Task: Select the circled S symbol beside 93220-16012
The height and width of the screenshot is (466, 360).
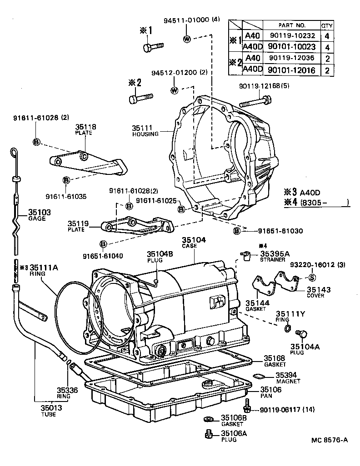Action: [x=312, y=278]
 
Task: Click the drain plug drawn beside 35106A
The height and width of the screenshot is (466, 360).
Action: [x=209, y=435]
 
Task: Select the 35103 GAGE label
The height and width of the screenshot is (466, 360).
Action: [x=40, y=215]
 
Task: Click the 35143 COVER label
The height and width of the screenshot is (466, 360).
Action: [x=318, y=292]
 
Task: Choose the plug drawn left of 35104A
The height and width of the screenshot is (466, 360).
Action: [x=300, y=335]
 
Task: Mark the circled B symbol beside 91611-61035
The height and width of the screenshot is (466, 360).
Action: [x=66, y=180]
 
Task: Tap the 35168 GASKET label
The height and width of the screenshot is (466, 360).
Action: [x=275, y=362]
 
